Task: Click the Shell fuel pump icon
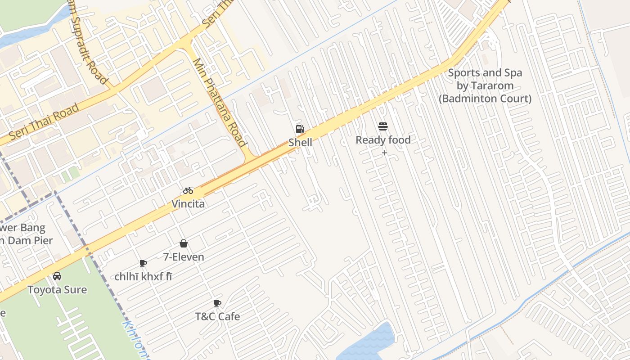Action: pos(300,130)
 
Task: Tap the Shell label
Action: pos(300,143)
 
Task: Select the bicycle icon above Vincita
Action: pos(188,190)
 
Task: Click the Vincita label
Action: pos(188,204)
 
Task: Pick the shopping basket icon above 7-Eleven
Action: pos(184,243)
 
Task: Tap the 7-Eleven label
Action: pos(184,257)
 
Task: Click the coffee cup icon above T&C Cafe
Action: pos(217,303)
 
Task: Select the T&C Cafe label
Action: pos(217,316)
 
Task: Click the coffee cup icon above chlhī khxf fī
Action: pos(143,263)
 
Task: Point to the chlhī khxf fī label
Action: pos(143,277)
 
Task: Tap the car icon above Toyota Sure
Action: pos(57,276)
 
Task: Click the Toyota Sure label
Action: pos(57,289)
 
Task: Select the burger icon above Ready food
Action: pos(383,127)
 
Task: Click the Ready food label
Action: pos(383,140)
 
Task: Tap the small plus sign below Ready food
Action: pos(384,153)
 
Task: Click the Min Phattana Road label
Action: pos(220,103)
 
